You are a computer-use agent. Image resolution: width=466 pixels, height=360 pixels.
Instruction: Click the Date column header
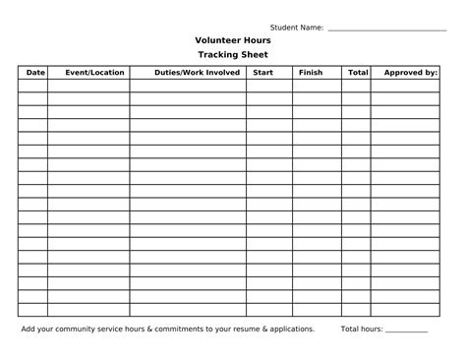(x=35, y=73)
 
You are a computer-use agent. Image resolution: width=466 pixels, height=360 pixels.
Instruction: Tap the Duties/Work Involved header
(x=198, y=73)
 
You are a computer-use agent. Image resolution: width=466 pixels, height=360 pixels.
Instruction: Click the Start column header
(x=262, y=73)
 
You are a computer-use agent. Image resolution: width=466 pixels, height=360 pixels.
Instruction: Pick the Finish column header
(x=310, y=73)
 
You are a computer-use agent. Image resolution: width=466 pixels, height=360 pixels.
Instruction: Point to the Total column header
(x=358, y=73)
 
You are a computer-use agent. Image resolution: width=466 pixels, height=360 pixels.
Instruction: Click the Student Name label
(x=297, y=27)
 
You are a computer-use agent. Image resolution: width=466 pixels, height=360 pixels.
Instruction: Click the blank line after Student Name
(x=386, y=28)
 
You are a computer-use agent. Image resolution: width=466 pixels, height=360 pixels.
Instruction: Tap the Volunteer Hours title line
(x=232, y=40)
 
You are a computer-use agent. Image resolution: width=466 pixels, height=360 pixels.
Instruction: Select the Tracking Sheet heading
(x=232, y=55)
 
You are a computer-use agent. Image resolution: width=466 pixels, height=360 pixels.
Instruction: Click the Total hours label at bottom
(x=362, y=329)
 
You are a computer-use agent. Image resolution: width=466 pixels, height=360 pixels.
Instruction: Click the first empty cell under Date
(x=32, y=86)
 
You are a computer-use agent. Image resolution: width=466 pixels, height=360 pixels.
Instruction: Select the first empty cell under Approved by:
(x=410, y=86)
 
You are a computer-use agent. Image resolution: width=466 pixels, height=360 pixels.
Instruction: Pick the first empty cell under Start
(x=268, y=86)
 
